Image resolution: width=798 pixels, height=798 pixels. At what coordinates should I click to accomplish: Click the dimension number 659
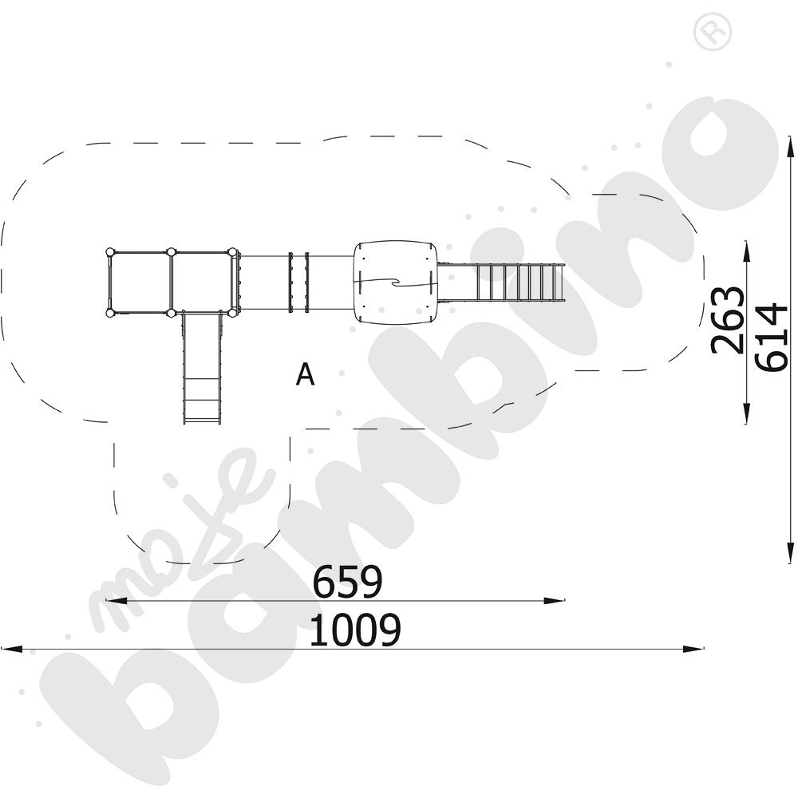(347, 581)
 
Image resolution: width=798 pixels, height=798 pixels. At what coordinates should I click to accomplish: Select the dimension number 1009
(355, 630)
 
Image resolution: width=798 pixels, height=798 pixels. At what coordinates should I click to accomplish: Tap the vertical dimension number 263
(727, 320)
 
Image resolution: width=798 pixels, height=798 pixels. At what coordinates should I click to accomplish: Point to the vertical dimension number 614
(772, 338)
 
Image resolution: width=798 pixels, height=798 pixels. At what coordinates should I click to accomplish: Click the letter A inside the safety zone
(306, 375)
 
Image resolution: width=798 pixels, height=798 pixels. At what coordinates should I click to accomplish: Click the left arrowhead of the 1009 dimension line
(12, 649)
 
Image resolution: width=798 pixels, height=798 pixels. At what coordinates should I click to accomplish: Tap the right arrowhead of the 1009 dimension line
(693, 649)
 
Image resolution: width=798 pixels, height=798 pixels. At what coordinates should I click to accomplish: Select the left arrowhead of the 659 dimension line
(117, 601)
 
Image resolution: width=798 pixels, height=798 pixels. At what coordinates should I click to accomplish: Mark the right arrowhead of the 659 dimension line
(554, 601)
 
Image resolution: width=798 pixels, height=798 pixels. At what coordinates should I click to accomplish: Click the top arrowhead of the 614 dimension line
(790, 147)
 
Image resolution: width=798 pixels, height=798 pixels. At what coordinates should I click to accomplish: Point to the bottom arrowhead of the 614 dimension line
(790, 552)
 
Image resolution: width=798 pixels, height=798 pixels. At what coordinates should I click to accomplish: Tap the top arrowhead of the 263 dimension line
(746, 252)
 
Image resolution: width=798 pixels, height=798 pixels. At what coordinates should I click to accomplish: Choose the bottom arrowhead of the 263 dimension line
(746, 413)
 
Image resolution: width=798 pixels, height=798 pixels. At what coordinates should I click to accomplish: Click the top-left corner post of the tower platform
(110, 252)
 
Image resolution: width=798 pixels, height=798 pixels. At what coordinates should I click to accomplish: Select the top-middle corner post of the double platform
(171, 252)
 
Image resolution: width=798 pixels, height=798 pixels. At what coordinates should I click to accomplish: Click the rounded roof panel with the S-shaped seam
(396, 282)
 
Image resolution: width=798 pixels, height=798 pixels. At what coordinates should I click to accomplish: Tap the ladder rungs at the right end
(520, 282)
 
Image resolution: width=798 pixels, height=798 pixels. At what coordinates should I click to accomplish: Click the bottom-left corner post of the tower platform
(110, 313)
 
